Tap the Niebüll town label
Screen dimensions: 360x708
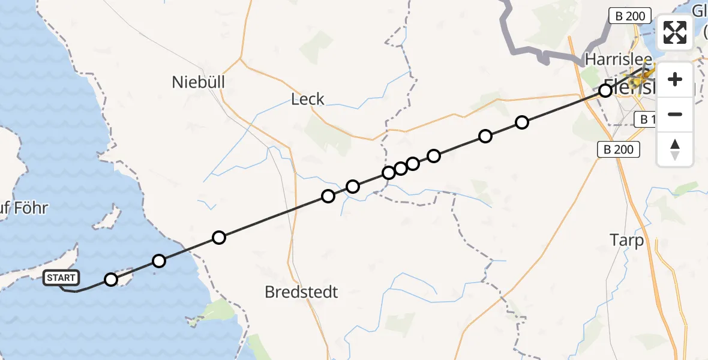(x=199, y=82)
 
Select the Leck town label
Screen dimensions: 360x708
(x=307, y=99)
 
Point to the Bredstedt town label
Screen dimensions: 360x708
(x=302, y=292)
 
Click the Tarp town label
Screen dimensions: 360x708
(x=627, y=241)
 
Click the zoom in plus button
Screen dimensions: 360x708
(x=675, y=79)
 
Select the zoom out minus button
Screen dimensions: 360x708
(x=675, y=114)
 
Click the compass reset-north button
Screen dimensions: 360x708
(x=675, y=149)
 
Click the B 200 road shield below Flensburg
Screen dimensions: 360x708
(x=619, y=149)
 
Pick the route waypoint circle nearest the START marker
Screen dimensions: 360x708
(x=111, y=279)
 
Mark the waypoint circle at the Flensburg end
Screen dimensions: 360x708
(x=605, y=91)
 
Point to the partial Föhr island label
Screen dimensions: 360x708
(x=24, y=209)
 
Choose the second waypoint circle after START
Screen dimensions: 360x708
(x=159, y=260)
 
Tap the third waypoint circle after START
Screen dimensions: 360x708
(x=219, y=238)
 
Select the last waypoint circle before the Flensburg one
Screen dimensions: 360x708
(x=522, y=122)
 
